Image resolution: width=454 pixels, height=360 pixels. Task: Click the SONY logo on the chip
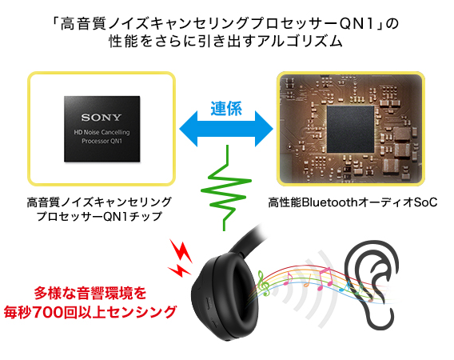101,118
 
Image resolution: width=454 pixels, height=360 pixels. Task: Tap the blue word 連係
226,109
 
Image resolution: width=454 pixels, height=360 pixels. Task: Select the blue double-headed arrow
226,129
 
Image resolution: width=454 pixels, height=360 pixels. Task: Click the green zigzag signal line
226,188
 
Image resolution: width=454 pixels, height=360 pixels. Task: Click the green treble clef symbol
263,283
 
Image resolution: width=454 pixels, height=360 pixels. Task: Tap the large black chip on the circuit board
351,129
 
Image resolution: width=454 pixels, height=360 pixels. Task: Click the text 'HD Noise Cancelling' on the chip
102,133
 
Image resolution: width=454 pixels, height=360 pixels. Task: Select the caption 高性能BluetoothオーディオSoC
352,202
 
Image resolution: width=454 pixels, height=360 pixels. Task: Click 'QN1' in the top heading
357,24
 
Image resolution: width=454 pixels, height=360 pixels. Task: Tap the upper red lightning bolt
181,251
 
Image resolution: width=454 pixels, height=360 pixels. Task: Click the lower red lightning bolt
180,270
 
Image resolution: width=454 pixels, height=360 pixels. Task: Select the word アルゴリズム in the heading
300,41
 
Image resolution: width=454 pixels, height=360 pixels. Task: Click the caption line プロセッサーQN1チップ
99,217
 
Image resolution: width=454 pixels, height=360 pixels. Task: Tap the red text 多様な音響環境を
90,293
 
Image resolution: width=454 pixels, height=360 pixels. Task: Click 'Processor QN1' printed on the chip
102,141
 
